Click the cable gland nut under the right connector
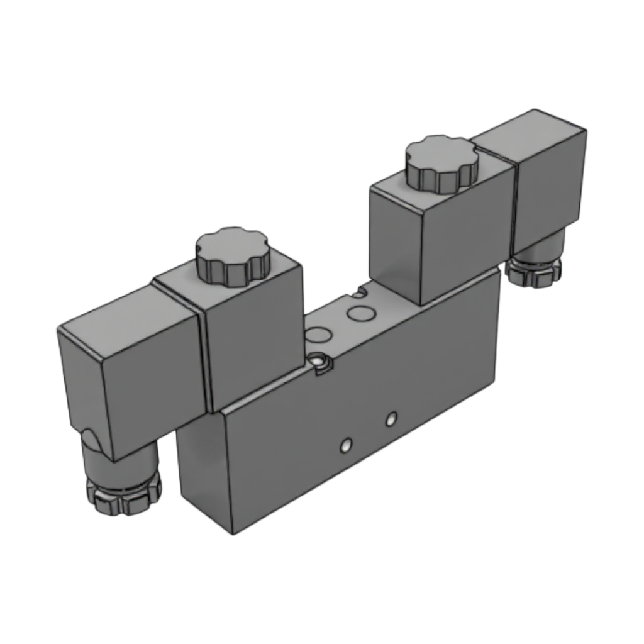pyautogui.click(x=535, y=270)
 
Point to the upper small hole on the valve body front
pyautogui.click(x=392, y=418)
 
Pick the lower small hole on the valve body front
pyautogui.click(x=344, y=445)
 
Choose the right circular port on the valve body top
pyautogui.click(x=361, y=313)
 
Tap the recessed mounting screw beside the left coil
pyautogui.click(x=322, y=363)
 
